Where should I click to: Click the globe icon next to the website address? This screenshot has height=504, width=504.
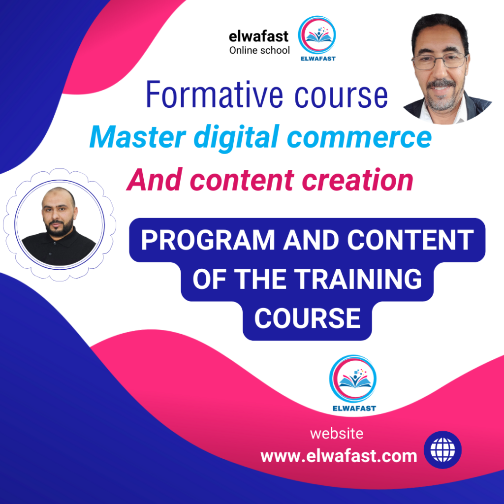[x=442, y=450]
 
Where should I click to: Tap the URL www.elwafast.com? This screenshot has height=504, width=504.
[x=339, y=456]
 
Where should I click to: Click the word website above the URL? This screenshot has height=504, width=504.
[x=337, y=434]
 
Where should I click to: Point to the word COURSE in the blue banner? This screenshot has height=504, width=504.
[x=307, y=318]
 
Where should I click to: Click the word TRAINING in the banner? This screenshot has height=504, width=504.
[x=358, y=279]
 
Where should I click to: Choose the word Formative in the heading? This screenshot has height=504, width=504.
[x=215, y=94]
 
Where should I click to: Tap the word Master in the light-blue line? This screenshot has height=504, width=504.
[x=138, y=137]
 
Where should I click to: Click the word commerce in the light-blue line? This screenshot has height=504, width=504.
[x=359, y=138]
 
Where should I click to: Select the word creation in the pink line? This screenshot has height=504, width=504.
[x=357, y=180]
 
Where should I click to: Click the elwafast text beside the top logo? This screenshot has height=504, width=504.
[x=258, y=36]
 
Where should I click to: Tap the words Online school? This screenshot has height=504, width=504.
[x=259, y=51]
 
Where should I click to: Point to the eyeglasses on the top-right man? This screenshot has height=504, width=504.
[x=439, y=61]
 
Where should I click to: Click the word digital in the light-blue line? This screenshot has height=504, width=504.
[x=236, y=138]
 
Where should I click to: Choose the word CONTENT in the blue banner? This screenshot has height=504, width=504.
[x=410, y=240]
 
